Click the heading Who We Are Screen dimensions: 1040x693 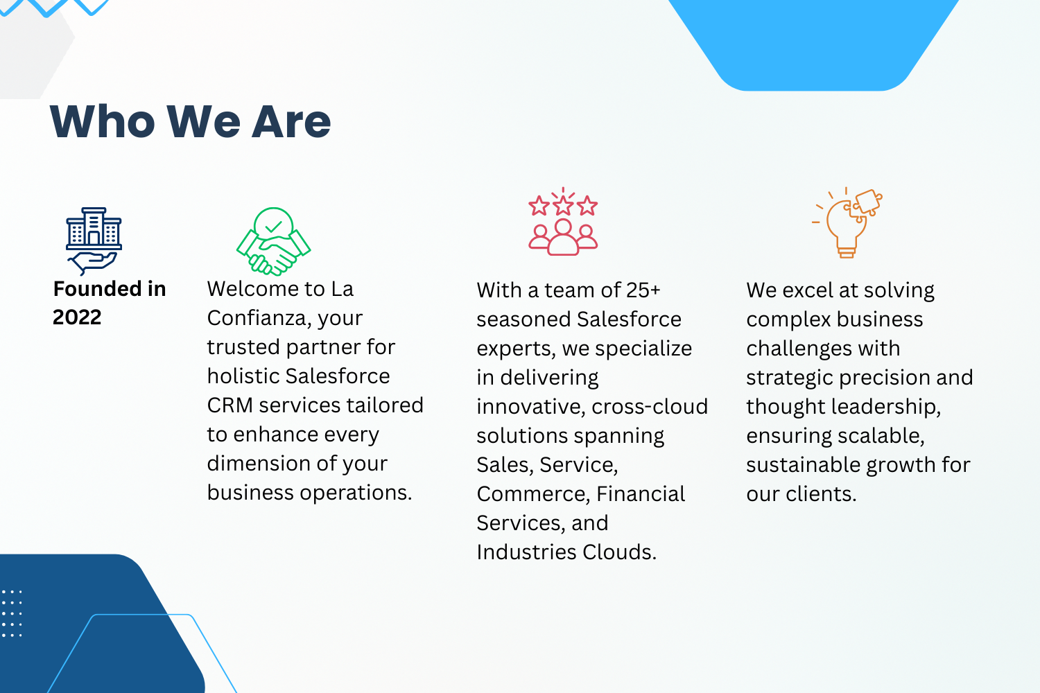191,121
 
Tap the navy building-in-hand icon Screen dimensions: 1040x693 94,241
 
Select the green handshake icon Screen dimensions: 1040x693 273,241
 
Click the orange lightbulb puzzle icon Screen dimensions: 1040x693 847,222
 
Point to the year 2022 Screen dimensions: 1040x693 77,317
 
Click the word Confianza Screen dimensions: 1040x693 259,319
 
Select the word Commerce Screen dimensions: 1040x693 533,494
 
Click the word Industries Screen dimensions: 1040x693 526,552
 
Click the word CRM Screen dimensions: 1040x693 230,405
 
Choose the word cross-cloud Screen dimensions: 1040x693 650,407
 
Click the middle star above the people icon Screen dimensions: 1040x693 563,205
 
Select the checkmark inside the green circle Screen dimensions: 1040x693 273,227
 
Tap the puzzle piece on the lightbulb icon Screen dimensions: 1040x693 867,202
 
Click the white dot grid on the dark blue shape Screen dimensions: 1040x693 12,613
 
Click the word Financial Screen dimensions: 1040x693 641,494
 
